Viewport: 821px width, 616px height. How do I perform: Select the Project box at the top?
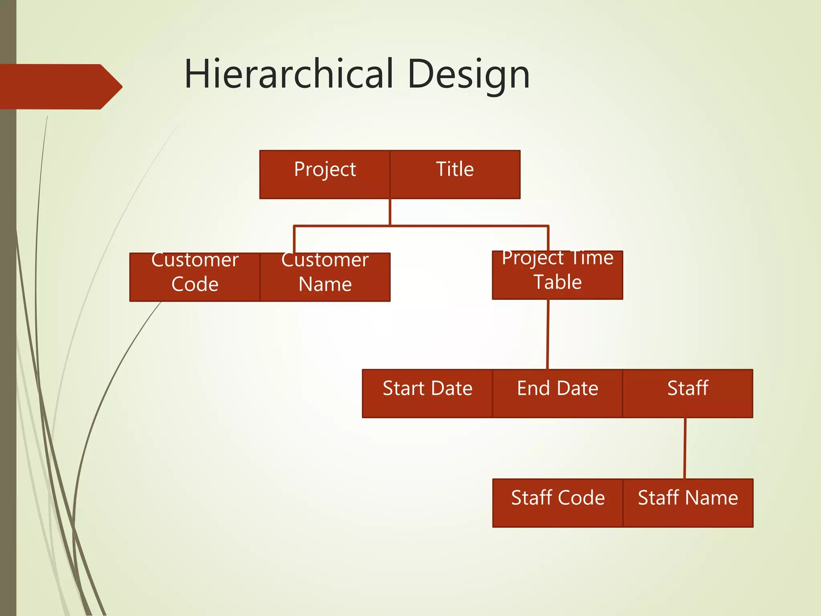pyautogui.click(x=325, y=174)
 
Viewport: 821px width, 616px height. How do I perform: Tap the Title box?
pyautogui.click(x=455, y=174)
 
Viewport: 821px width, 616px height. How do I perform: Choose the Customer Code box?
pyautogui.click(x=195, y=277)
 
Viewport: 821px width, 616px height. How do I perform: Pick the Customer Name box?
pyautogui.click(x=325, y=277)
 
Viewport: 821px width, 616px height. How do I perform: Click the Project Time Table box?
pyautogui.click(x=557, y=275)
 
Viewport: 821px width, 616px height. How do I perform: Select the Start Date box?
pyautogui.click(x=427, y=393)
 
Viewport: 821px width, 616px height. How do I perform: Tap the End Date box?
pyautogui.click(x=557, y=393)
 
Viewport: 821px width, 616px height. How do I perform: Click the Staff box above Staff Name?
pyautogui.click(x=688, y=393)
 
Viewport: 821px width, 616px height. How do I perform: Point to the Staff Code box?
pyautogui.click(x=558, y=503)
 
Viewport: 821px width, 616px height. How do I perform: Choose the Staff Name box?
pyautogui.click(x=688, y=503)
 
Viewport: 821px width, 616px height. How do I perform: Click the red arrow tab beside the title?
pyautogui.click(x=60, y=87)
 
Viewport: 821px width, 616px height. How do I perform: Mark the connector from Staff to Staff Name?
pyautogui.click(x=685, y=448)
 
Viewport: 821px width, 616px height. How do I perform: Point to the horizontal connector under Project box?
pyautogui.click(x=421, y=226)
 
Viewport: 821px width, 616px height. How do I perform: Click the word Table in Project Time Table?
pyautogui.click(x=557, y=282)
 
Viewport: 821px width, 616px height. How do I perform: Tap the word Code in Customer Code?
pyautogui.click(x=195, y=284)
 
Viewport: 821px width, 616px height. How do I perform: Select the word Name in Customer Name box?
pyautogui.click(x=325, y=284)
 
